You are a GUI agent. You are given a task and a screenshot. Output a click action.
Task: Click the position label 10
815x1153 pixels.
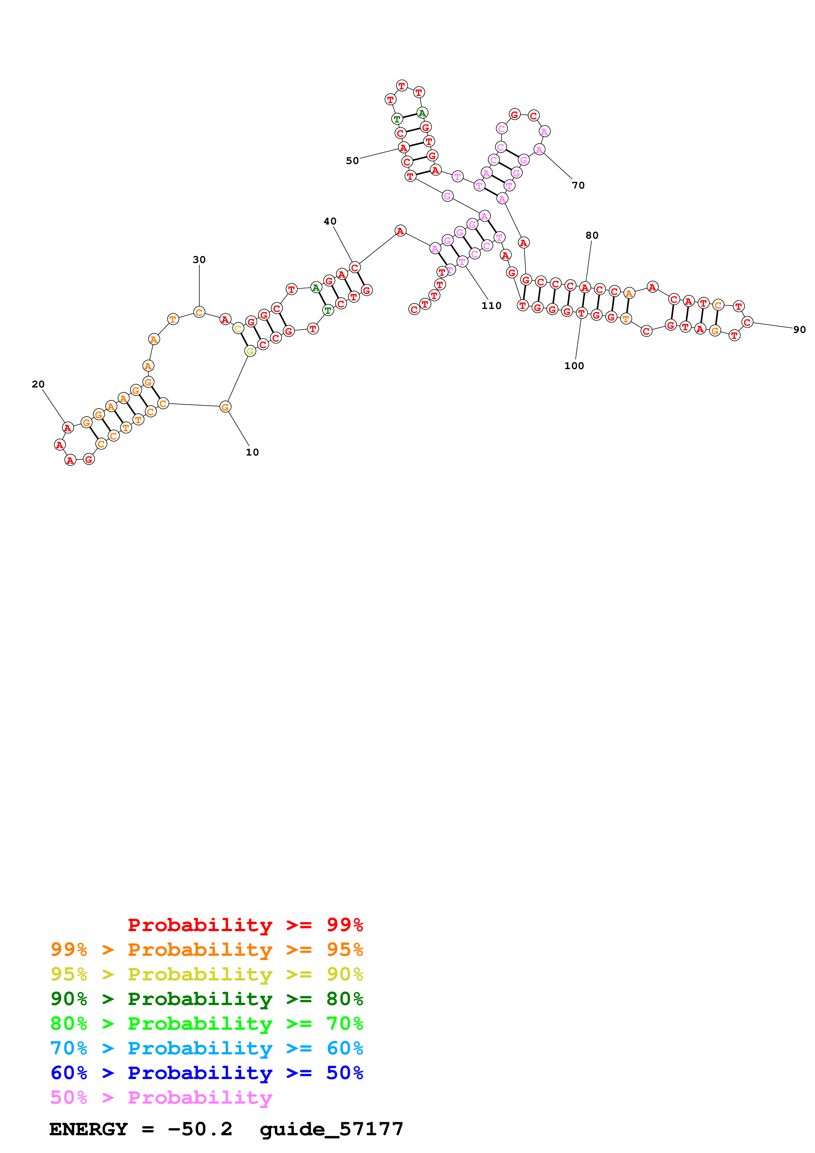252,452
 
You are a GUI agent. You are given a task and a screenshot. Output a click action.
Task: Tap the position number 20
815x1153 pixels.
38,384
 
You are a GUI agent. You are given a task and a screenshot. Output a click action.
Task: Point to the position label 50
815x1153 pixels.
352,161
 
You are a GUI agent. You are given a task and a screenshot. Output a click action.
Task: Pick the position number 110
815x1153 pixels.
491,305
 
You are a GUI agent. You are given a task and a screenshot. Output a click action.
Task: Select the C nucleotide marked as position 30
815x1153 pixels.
199,312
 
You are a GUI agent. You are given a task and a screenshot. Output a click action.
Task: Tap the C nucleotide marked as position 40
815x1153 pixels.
354,267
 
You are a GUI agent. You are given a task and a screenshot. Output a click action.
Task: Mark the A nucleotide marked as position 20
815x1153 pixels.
67,428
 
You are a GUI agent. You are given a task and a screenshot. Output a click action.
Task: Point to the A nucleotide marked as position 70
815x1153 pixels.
539,150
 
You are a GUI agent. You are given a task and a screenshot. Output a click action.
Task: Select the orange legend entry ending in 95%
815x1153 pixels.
206,949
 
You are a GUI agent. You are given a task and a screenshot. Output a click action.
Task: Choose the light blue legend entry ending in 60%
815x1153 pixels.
206,1048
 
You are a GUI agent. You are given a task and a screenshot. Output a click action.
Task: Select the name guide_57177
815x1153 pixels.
331,1129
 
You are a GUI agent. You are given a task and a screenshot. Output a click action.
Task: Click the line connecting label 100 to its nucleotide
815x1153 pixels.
578,339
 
